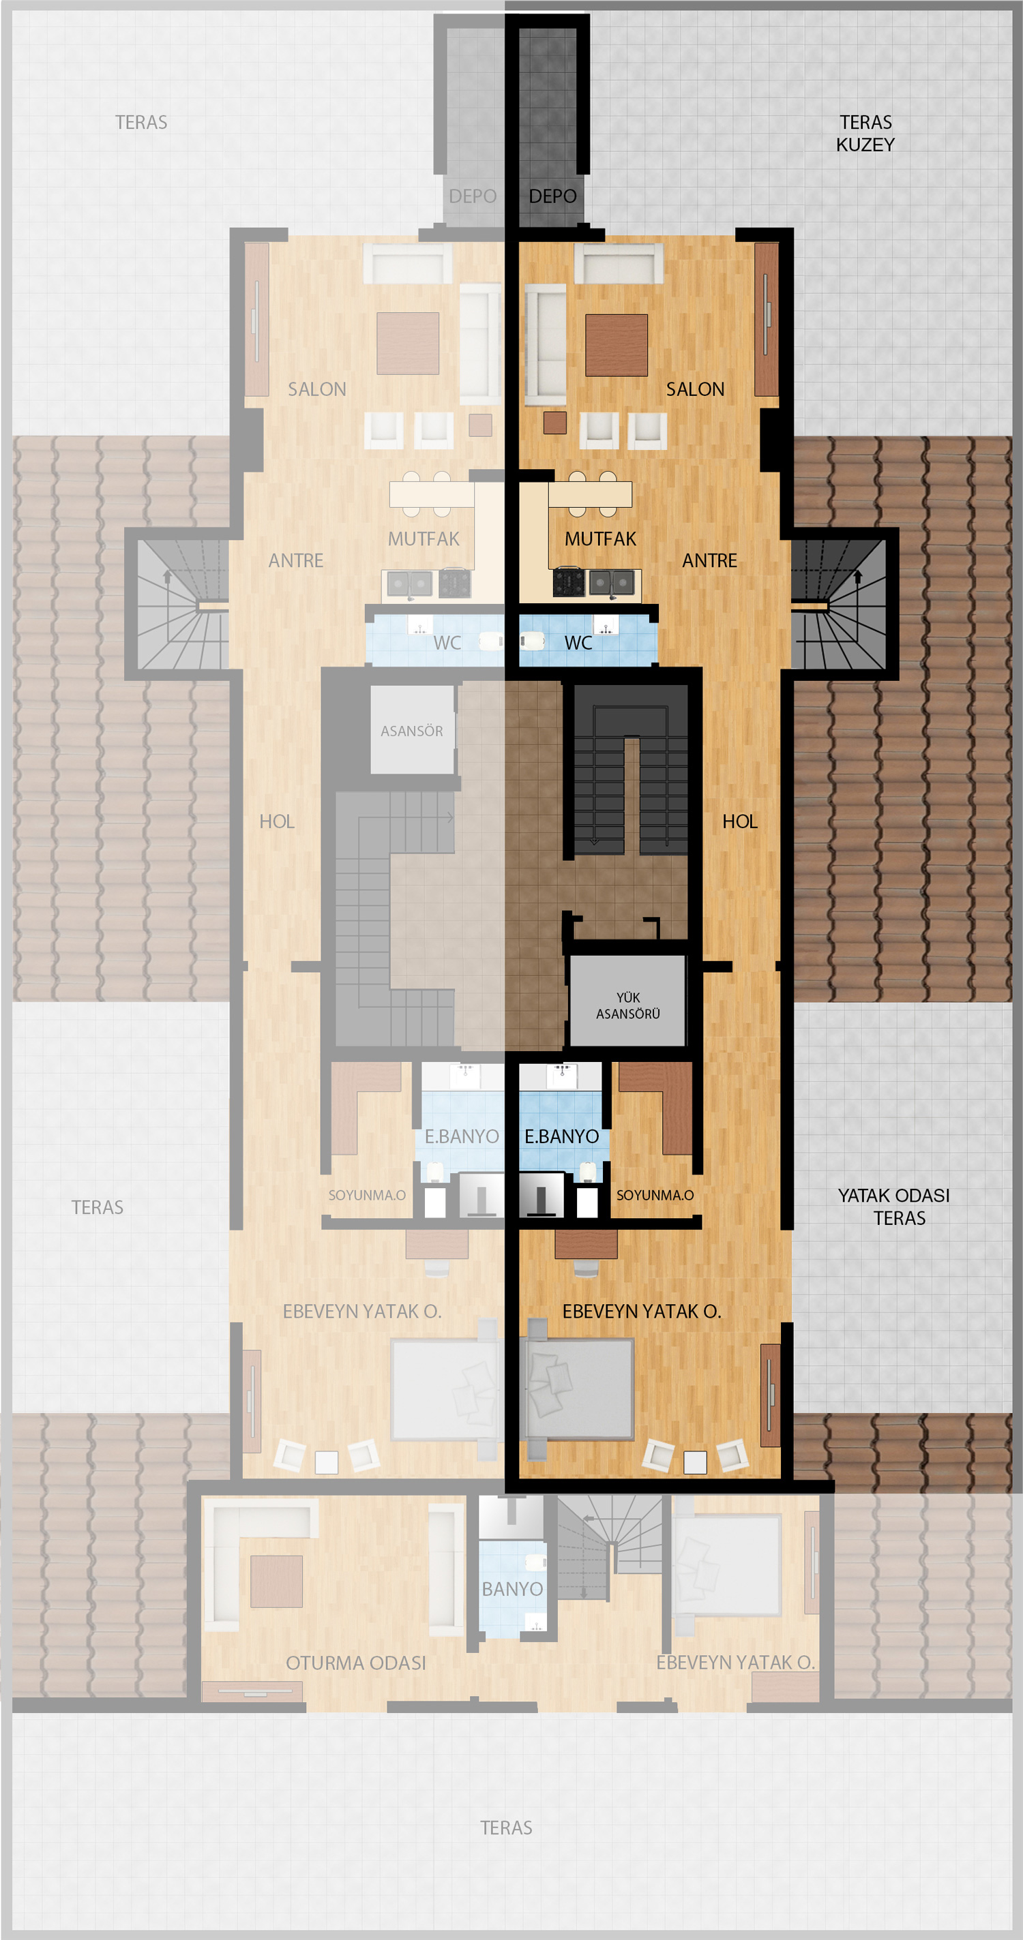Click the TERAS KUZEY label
coord(865,134)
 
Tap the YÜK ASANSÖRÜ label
coord(627,1005)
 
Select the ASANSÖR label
coord(411,731)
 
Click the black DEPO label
coord(552,196)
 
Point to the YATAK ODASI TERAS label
coord(894,1207)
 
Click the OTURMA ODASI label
coord(355,1663)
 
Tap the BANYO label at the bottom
coord(512,1589)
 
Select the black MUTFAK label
coord(600,539)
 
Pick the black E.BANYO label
coord(561,1136)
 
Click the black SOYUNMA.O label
coord(655,1195)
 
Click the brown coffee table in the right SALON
coord(617,345)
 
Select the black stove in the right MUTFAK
coord(568,582)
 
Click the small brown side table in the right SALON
coord(555,423)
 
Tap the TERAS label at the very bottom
coord(506,1828)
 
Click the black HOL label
coord(740,821)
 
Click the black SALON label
coord(694,389)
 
